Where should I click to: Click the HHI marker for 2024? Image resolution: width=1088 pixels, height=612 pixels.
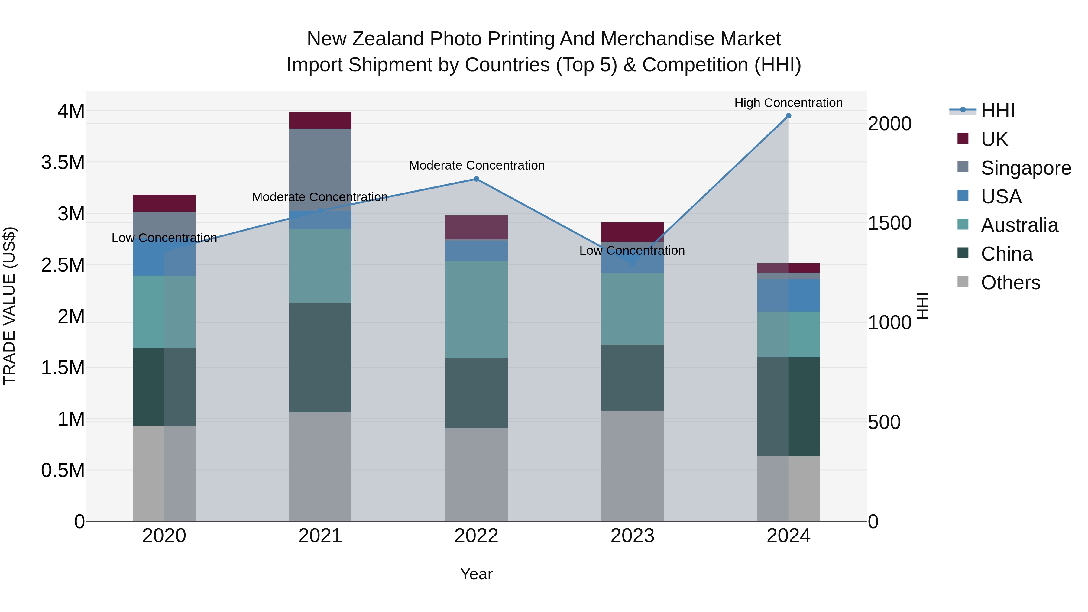[788, 116]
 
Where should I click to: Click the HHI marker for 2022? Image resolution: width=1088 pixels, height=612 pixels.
[476, 179]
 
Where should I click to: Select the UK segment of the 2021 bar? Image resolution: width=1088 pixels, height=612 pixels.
[320, 120]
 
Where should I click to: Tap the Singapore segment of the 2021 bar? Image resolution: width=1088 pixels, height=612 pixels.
[320, 169]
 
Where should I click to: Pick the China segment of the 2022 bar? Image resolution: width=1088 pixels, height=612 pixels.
[476, 393]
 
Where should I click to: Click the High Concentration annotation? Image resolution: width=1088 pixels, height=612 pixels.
[788, 103]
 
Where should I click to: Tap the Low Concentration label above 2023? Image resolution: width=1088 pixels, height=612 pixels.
[632, 251]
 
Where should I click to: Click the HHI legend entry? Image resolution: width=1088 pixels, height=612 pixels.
[997, 111]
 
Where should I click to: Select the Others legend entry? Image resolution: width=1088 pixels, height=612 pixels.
[1010, 283]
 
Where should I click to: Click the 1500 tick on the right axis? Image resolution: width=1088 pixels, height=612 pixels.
[889, 223]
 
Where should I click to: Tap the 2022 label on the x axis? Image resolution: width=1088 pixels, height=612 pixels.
[476, 536]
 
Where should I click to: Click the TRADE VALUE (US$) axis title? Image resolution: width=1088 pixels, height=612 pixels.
[9, 306]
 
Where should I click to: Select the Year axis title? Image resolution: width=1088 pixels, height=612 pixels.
[476, 574]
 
